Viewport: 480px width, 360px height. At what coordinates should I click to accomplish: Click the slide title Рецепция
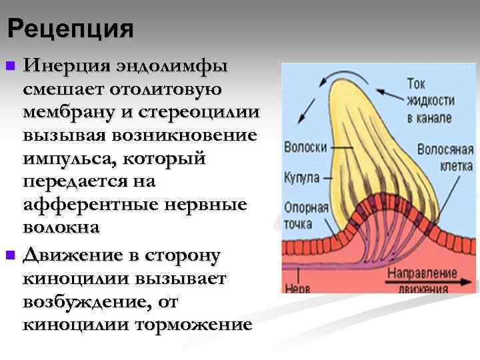71,29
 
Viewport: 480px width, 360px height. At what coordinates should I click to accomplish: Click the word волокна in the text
61,226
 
